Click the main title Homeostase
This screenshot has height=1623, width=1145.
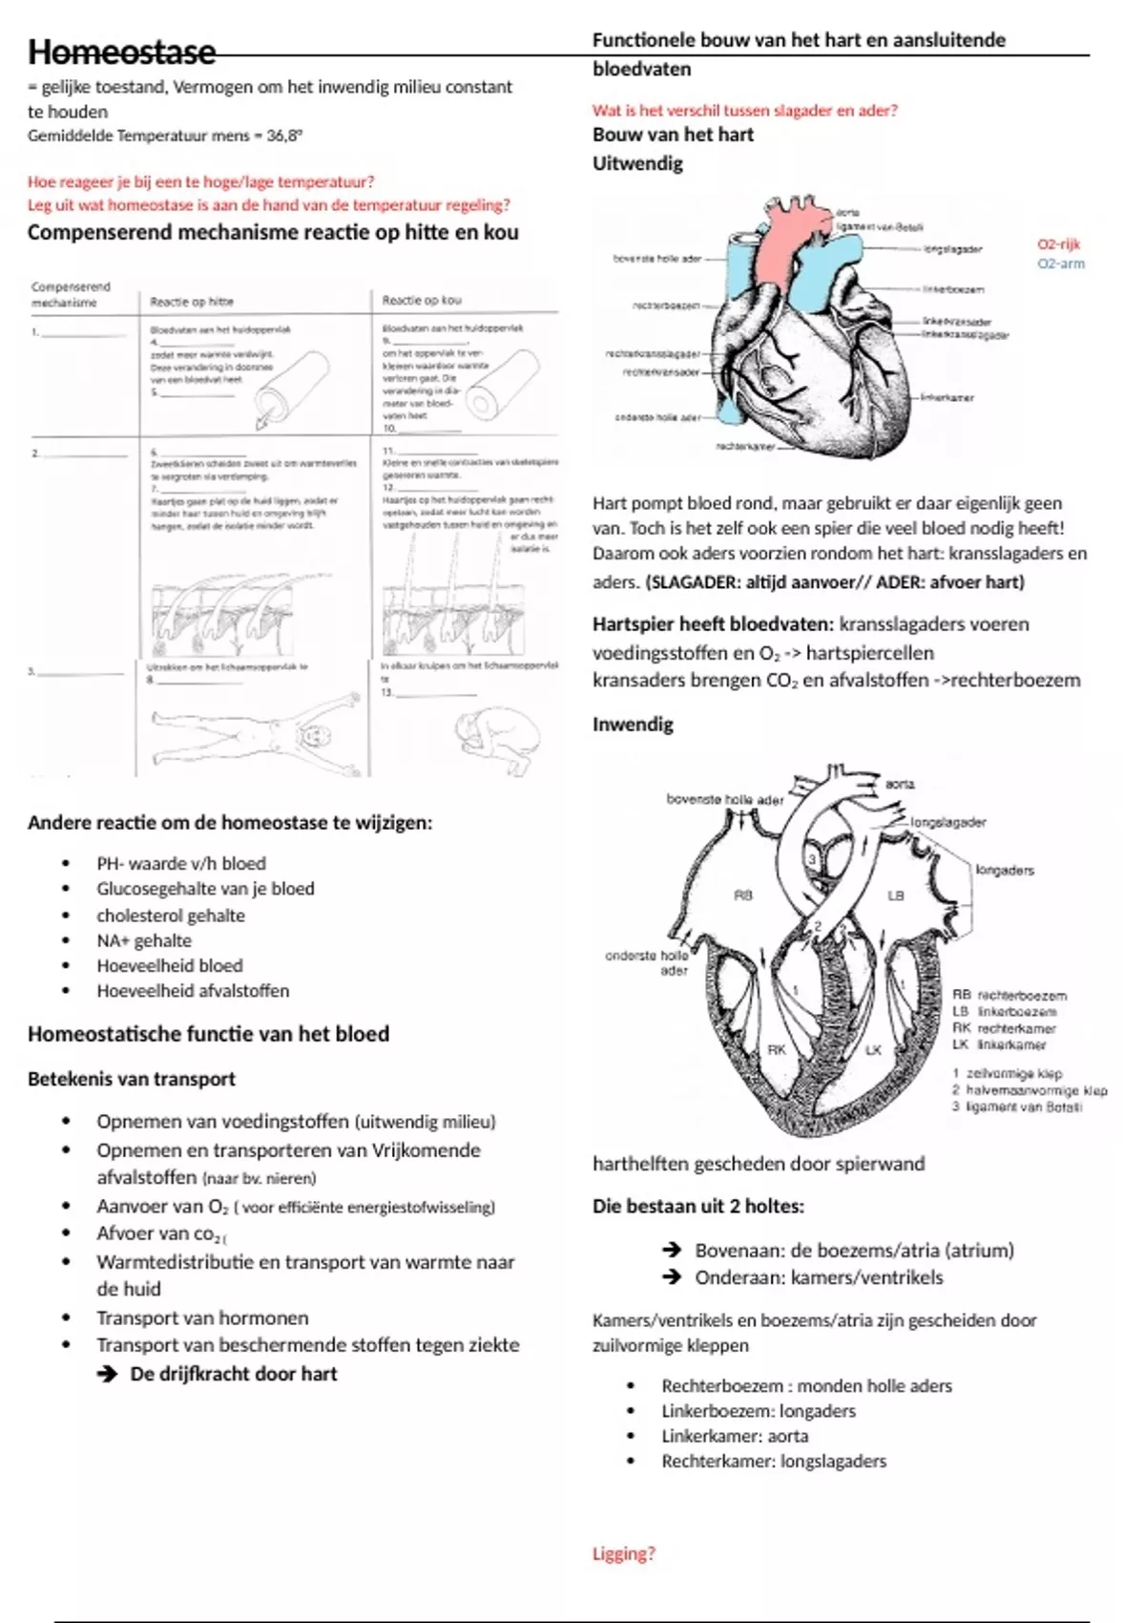point(121,52)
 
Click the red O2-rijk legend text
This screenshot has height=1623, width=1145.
point(1058,244)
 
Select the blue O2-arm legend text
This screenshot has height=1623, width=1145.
point(1060,263)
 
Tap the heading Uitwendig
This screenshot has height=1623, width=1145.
point(637,163)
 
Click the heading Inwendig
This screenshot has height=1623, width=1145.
point(633,724)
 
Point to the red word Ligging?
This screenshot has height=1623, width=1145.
point(624,1553)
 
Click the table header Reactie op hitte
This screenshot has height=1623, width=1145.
point(192,301)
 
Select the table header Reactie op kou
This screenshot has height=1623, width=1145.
point(422,300)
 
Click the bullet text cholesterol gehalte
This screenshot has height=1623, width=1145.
point(171,916)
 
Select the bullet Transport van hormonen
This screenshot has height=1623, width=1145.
point(202,1317)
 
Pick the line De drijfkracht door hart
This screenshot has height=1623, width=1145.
point(233,1374)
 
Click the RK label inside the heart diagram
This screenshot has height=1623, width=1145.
point(777,1049)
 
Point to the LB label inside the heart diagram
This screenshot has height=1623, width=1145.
point(895,896)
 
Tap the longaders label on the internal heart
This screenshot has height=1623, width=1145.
point(1005,871)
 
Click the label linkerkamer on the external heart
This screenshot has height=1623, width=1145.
point(947,397)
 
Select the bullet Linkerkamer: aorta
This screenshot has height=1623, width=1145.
point(735,1436)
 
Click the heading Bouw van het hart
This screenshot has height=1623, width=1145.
point(673,135)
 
